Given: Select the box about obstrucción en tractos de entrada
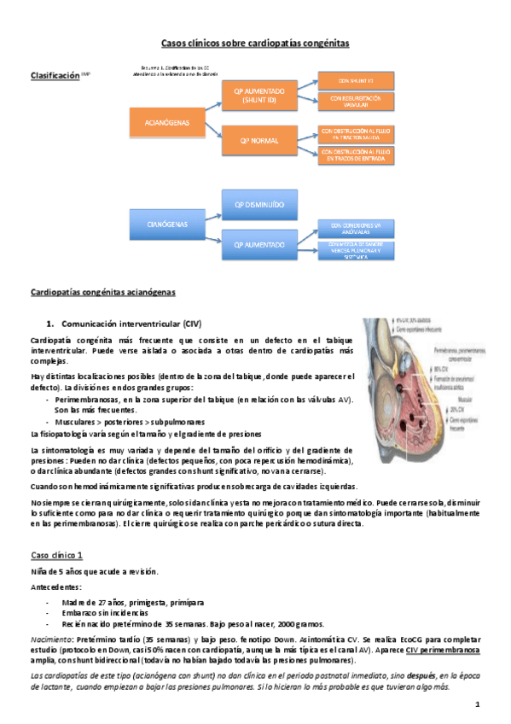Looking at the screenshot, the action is [x=357, y=155].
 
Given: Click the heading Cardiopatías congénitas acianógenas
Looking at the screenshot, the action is [x=102, y=293].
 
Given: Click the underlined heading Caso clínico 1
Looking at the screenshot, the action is [x=56, y=555].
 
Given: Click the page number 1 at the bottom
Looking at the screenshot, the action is [x=479, y=704].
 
